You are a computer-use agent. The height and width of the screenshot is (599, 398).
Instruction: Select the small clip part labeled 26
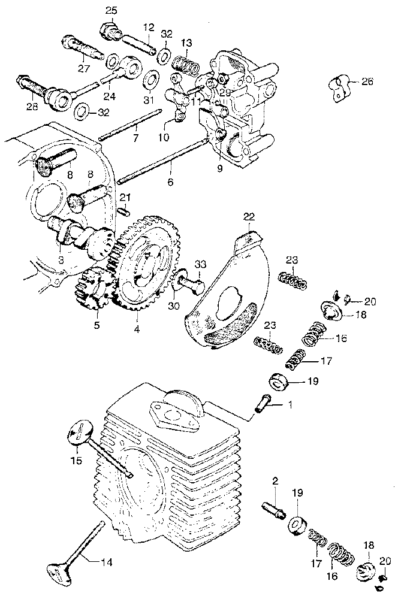[x=339, y=86]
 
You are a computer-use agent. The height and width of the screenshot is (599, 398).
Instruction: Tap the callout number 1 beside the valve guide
[x=290, y=406]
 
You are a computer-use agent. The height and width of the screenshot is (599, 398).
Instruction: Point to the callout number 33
[x=200, y=264]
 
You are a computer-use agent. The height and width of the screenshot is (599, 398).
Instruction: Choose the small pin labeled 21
[x=123, y=210]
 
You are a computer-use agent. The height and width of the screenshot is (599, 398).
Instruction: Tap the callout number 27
[x=82, y=68]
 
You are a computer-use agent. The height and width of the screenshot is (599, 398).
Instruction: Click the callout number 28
[x=31, y=106]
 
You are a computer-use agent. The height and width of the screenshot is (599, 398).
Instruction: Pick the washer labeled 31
[x=151, y=79]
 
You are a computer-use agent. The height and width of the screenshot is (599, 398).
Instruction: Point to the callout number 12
[x=149, y=26]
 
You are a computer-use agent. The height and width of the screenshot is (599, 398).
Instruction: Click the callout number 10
[x=164, y=137]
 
